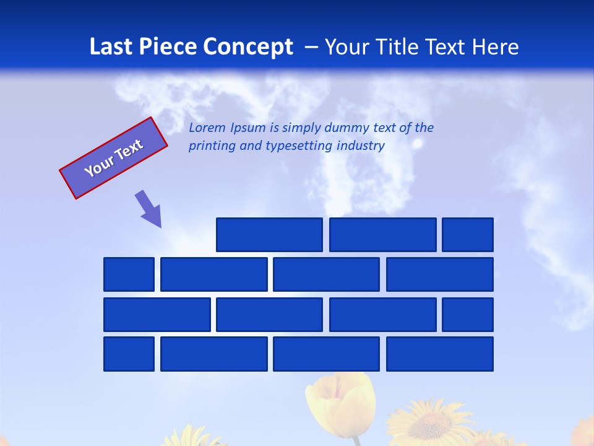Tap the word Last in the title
point(111,47)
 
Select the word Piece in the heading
point(168,47)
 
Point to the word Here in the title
point(495,47)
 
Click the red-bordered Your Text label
point(113,158)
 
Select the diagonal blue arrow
point(149,209)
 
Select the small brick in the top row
point(468,235)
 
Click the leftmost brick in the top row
point(269,235)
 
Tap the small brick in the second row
point(129,274)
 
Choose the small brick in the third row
point(468,315)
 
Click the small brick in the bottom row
point(129,354)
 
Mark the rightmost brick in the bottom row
point(440,354)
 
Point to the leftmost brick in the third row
point(157,315)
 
